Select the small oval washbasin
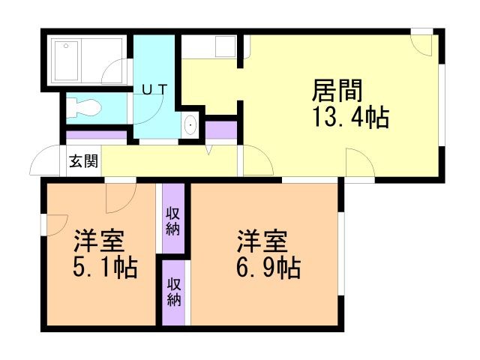pyautogui.click(x=190, y=125)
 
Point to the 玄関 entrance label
pyautogui.click(x=84, y=160)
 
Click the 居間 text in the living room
pyautogui.click(x=337, y=92)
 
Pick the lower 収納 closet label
pyautogui.click(x=174, y=292)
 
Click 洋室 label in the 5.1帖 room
pyautogui.click(x=98, y=241)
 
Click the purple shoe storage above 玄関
pyautogui.click(x=96, y=136)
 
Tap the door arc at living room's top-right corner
pyautogui.click(x=422, y=43)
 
